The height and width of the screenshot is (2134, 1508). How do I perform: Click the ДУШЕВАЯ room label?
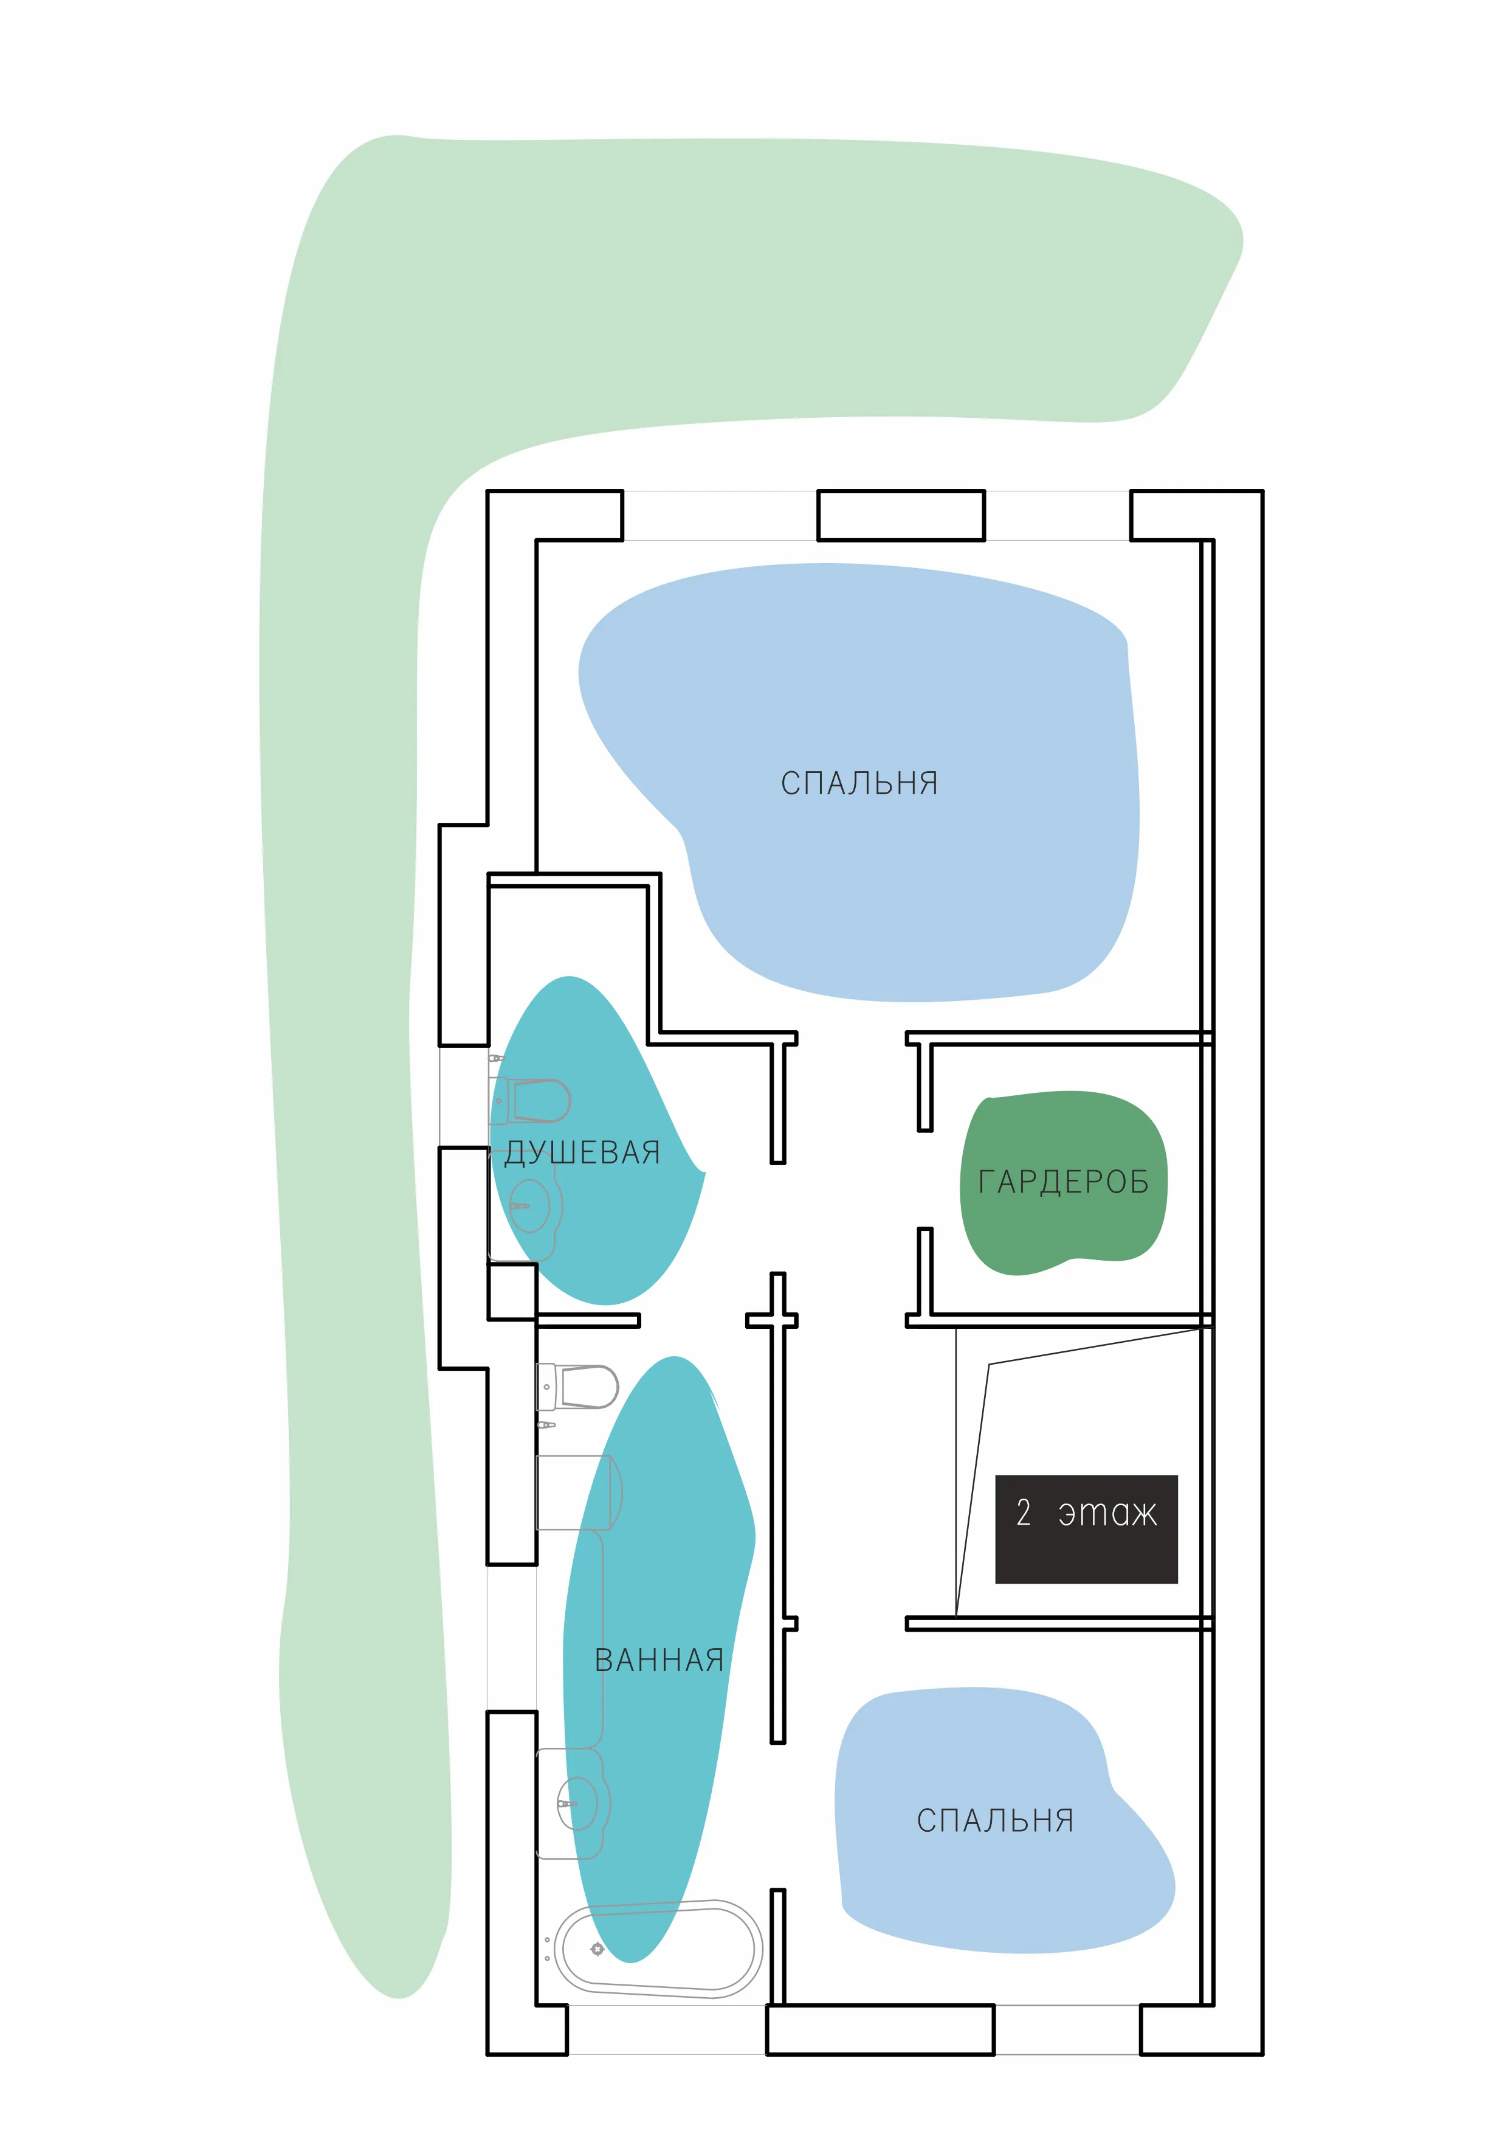click(x=582, y=1154)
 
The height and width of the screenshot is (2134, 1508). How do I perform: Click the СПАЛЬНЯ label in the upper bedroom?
click(x=859, y=783)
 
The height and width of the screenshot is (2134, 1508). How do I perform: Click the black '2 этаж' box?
click(x=1086, y=1529)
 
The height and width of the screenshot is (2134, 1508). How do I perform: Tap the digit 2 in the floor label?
click(x=1023, y=1512)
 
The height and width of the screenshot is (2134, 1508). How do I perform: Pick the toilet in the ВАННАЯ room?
click(x=578, y=1387)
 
